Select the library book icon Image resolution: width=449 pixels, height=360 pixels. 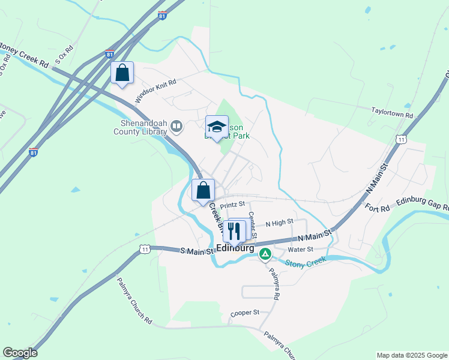click(176, 126)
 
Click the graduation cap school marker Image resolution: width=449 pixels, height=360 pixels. click(217, 127)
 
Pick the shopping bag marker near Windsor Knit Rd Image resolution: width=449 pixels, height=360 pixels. click(122, 73)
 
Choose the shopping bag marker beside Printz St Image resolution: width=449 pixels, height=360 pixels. click(203, 190)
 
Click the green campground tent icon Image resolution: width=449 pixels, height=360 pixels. click(265, 254)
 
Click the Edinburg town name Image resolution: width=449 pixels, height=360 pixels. click(235, 248)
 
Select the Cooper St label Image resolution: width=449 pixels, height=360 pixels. click(244, 313)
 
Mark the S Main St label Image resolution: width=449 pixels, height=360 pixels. click(197, 251)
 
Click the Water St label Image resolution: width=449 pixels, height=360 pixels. click(301, 249)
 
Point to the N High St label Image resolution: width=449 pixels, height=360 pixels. click(279, 222)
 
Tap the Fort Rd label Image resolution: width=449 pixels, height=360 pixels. click(377, 208)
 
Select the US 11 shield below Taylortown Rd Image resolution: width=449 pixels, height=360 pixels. click(400, 139)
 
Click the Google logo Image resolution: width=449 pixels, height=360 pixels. click(20, 353)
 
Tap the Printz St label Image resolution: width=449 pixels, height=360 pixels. click(233, 205)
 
